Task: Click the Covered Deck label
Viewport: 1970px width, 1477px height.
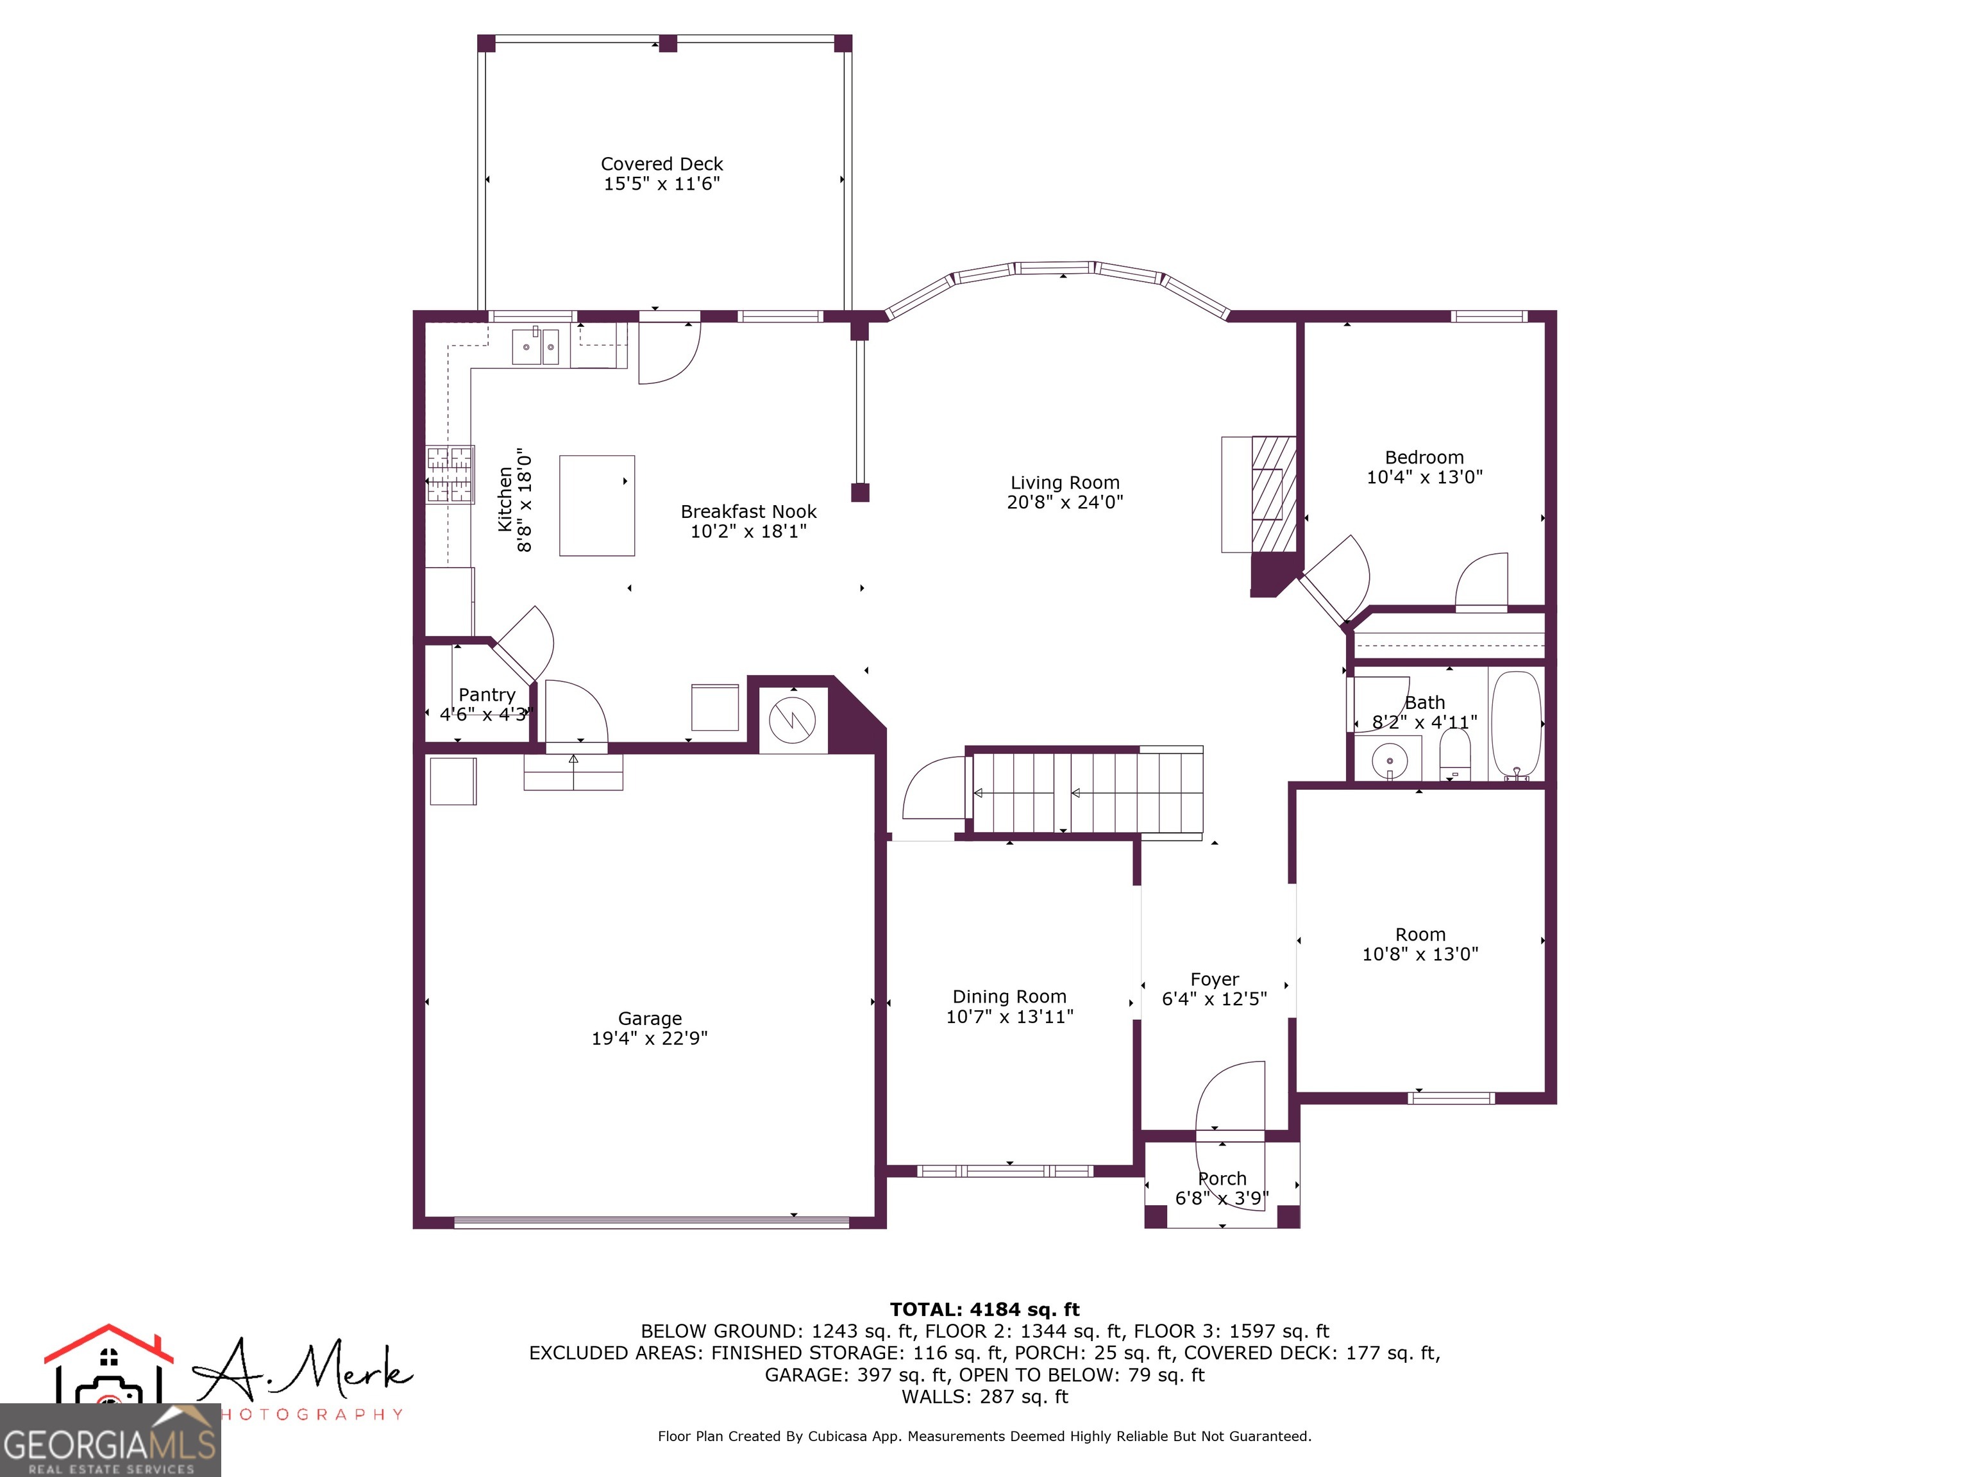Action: (x=662, y=164)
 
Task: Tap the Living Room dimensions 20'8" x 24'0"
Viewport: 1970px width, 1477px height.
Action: (x=1065, y=502)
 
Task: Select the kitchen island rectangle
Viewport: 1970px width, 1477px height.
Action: (x=596, y=506)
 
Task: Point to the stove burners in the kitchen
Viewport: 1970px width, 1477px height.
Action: (x=450, y=474)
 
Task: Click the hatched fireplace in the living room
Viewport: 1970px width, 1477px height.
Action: (x=1274, y=494)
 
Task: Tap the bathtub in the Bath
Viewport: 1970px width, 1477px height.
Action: (x=1516, y=723)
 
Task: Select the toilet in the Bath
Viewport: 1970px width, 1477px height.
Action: (x=1454, y=753)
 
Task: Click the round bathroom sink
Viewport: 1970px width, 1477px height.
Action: (x=1388, y=761)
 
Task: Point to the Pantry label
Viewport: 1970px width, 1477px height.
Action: (x=486, y=694)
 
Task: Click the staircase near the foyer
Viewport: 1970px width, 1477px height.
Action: (x=1086, y=792)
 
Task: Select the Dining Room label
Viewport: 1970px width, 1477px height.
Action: (x=1009, y=996)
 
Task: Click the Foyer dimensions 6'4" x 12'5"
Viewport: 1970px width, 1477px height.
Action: (x=1214, y=999)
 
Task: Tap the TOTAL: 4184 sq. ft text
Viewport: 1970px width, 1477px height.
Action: (x=984, y=1310)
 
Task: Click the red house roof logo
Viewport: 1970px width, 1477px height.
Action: (x=108, y=1345)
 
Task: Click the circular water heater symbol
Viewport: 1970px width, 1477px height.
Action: (x=792, y=721)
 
